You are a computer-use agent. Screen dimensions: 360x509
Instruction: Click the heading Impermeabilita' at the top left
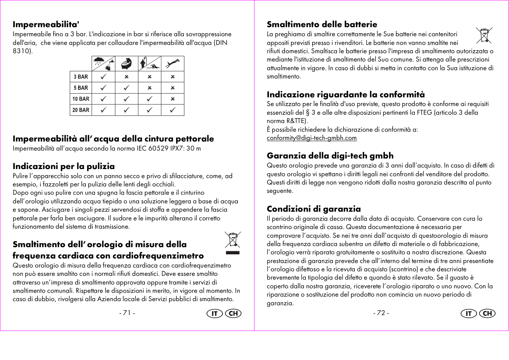tap(46, 25)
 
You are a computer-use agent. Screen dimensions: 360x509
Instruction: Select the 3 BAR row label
tap(81, 77)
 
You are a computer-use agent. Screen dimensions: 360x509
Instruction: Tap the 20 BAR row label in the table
tap(81, 110)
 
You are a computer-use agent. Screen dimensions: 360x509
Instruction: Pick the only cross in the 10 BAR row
tap(172, 99)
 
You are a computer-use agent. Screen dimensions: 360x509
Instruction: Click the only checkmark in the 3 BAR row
tap(103, 77)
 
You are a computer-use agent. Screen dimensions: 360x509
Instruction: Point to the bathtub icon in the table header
tap(126, 63)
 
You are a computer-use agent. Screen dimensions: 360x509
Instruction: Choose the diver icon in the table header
tap(172, 63)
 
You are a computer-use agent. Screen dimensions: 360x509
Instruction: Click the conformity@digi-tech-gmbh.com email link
tap(311, 138)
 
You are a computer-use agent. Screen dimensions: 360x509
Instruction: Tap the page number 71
tap(127, 313)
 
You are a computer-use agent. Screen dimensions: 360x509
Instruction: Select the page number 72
tap(381, 313)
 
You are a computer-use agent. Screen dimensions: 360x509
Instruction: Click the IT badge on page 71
tap(215, 314)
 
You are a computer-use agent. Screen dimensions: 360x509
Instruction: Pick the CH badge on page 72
tap(487, 314)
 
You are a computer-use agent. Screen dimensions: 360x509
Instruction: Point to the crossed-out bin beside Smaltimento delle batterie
tap(484, 35)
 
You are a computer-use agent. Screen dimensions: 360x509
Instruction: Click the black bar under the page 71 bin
tap(233, 252)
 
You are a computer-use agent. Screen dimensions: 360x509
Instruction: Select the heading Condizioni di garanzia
tap(314, 209)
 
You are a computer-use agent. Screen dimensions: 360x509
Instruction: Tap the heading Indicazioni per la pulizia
tap(63, 166)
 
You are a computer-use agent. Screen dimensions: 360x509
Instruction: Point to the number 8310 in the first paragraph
tap(21, 51)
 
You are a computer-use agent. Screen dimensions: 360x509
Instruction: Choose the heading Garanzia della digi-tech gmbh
tap(330, 156)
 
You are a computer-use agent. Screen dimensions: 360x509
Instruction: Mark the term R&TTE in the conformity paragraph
tap(296, 121)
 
